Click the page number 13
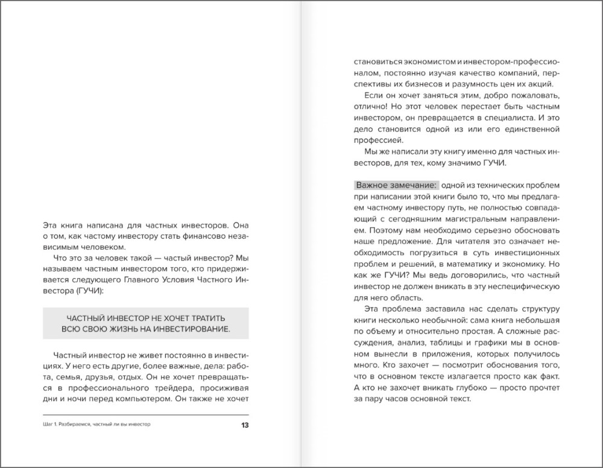[244, 425]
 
